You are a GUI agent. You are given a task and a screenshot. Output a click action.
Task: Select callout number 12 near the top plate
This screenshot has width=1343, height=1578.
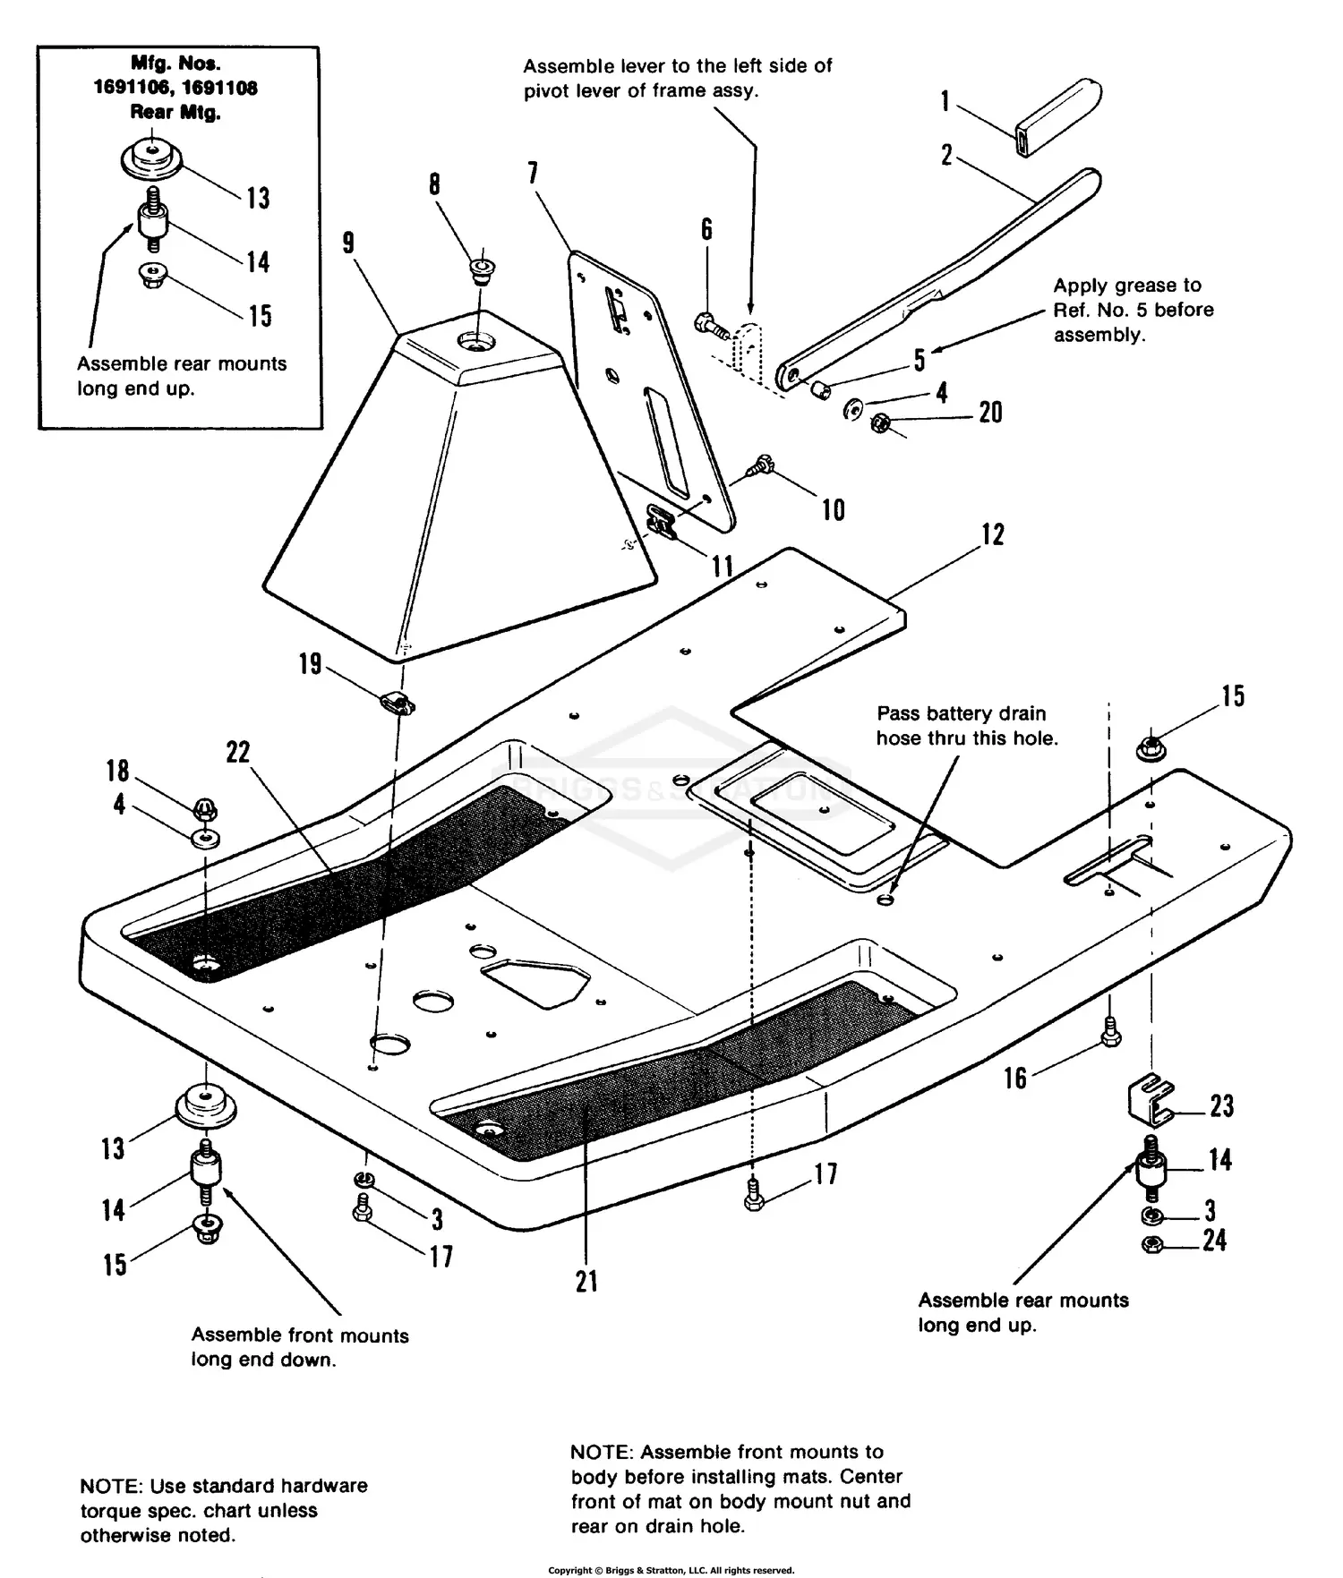[993, 534]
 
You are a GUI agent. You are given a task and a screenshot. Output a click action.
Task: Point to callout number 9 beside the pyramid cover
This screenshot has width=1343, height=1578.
[348, 243]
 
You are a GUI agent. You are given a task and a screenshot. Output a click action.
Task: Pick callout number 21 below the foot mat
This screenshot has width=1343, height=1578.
[586, 1281]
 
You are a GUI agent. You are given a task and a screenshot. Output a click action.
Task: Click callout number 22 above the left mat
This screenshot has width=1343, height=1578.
[237, 752]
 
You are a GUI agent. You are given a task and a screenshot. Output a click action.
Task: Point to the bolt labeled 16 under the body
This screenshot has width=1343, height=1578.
[1110, 1031]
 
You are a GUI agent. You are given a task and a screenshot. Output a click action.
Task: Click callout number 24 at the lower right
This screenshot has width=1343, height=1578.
[1214, 1240]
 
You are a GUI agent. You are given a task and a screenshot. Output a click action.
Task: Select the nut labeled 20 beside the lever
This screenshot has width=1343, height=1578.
[880, 422]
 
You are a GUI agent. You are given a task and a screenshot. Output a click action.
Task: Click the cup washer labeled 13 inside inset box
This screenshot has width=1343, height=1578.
[152, 159]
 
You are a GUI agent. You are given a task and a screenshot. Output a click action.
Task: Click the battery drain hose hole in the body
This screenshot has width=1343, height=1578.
[886, 899]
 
